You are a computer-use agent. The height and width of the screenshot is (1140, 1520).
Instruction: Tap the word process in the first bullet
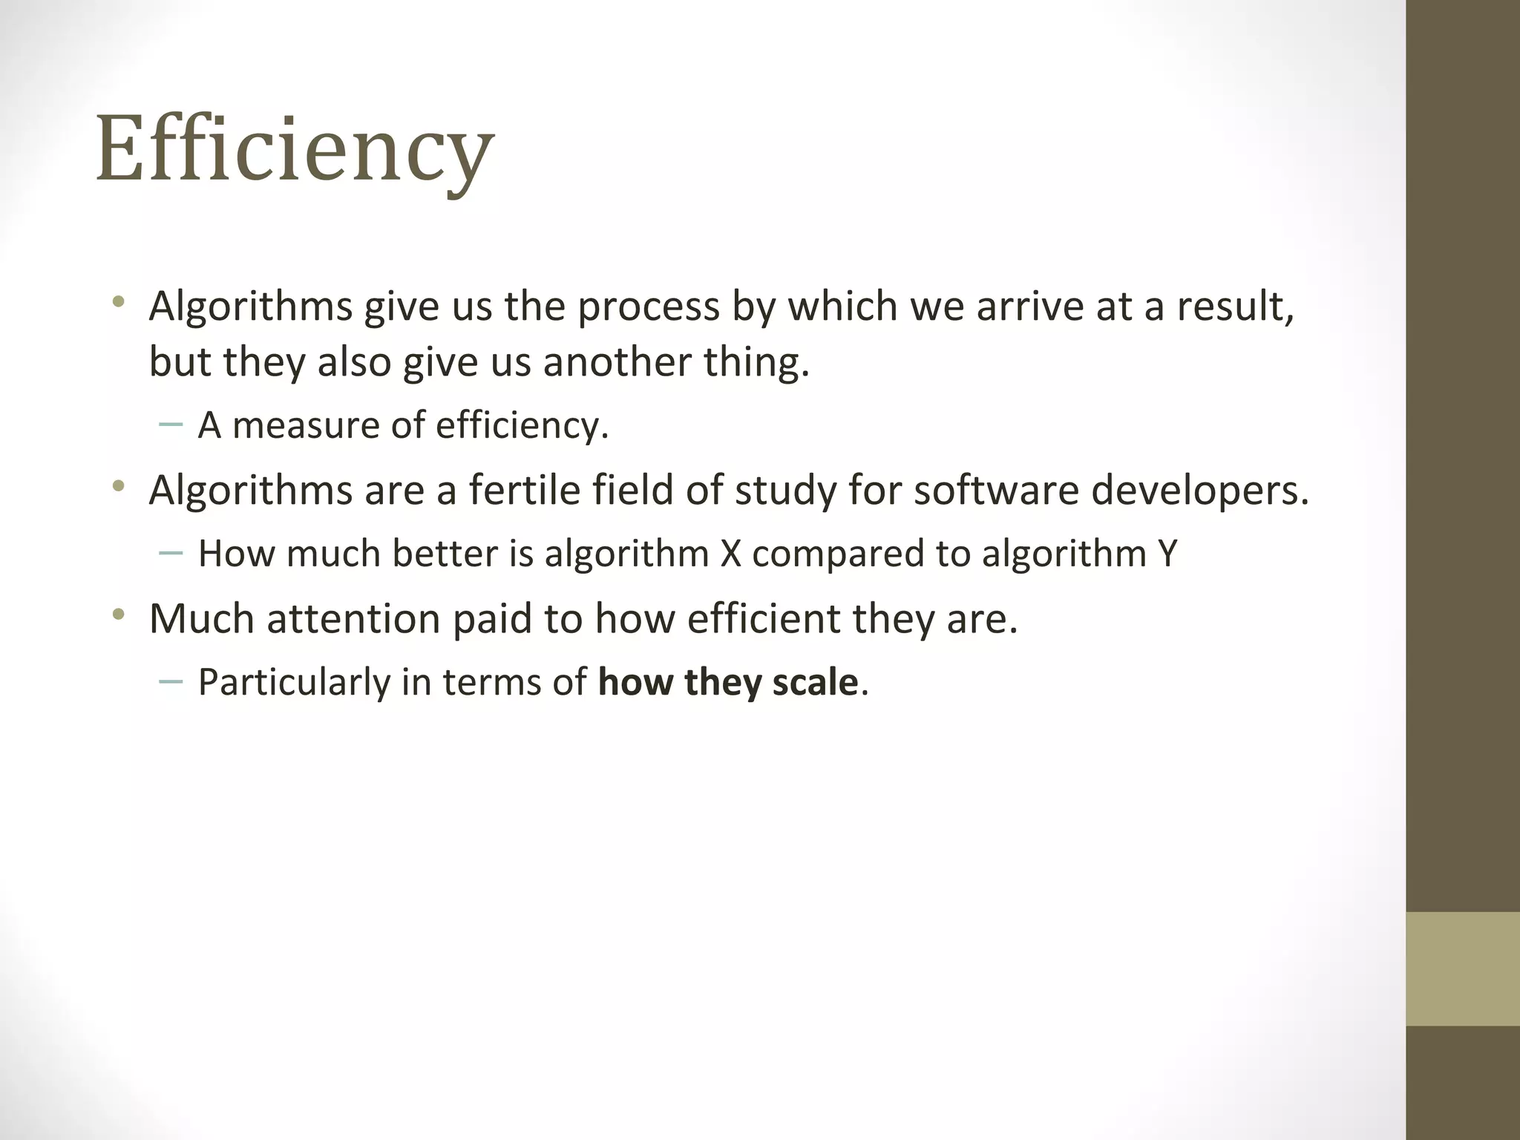pos(649,307)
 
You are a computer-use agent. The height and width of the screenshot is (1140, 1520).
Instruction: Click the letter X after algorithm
pos(731,554)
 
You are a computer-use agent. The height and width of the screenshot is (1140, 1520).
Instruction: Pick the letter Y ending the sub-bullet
pos(1167,554)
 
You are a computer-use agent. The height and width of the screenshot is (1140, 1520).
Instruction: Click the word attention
pos(353,619)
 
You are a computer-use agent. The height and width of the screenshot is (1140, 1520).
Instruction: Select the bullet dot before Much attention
pos(118,615)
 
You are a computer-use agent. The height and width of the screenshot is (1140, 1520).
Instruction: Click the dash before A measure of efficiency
pos(171,425)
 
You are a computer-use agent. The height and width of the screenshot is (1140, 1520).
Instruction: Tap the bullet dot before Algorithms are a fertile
pos(118,487)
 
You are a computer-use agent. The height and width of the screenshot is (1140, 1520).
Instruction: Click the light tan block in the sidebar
pos(1462,969)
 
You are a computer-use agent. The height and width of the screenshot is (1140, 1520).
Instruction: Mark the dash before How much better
pos(171,553)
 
